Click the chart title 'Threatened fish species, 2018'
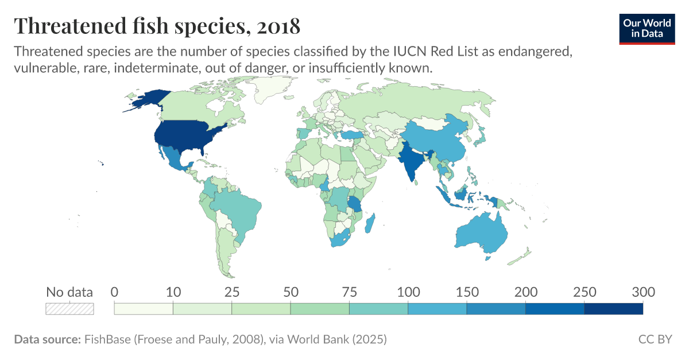(157, 26)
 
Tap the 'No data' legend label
(69, 292)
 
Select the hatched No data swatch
(69, 309)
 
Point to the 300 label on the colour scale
(643, 292)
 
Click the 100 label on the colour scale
(408, 292)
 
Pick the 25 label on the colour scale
(231, 292)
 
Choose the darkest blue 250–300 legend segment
(613, 309)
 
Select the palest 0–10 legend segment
(144, 309)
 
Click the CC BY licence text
(655, 339)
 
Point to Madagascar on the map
(370, 223)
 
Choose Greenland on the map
(267, 89)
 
